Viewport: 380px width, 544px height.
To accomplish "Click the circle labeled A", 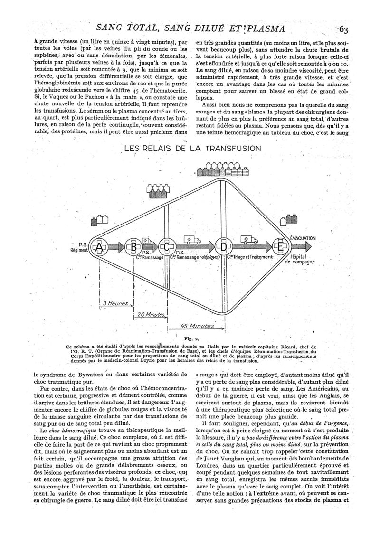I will coord(99,247).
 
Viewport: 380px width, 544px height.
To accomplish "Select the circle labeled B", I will coord(133,247).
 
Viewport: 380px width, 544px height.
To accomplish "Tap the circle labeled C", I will coord(167,247).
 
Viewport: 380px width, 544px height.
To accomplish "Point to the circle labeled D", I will coord(222,247).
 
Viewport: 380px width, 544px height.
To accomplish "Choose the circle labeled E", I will coord(280,247).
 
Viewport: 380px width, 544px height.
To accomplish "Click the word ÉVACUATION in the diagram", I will coord(303,238).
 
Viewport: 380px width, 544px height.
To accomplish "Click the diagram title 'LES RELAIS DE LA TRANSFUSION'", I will coord(192,148).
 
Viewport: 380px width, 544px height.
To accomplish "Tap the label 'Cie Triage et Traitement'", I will coord(250,257).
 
